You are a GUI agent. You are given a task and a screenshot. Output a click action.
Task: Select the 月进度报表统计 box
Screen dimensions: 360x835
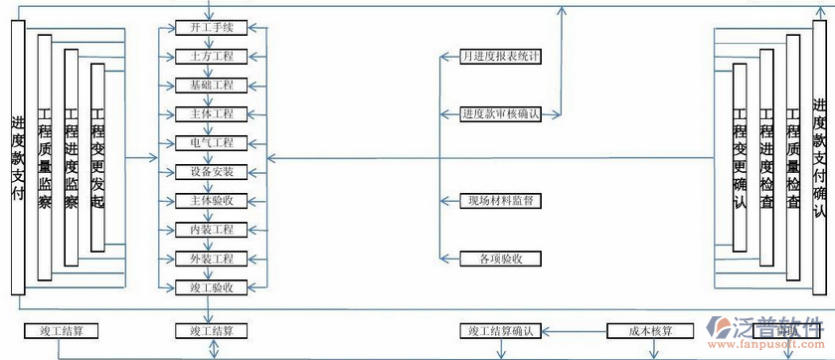click(x=501, y=56)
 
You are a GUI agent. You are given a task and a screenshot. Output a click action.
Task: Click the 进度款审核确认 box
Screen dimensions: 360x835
click(x=501, y=113)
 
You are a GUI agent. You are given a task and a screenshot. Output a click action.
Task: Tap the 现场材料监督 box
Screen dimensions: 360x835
click(x=501, y=201)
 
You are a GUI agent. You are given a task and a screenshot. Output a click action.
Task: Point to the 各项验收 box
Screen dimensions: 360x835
click(x=501, y=259)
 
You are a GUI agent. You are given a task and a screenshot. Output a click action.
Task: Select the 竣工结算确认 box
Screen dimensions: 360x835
click(x=501, y=330)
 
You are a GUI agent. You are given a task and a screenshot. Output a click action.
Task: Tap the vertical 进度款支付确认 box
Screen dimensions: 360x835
click(x=819, y=157)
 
